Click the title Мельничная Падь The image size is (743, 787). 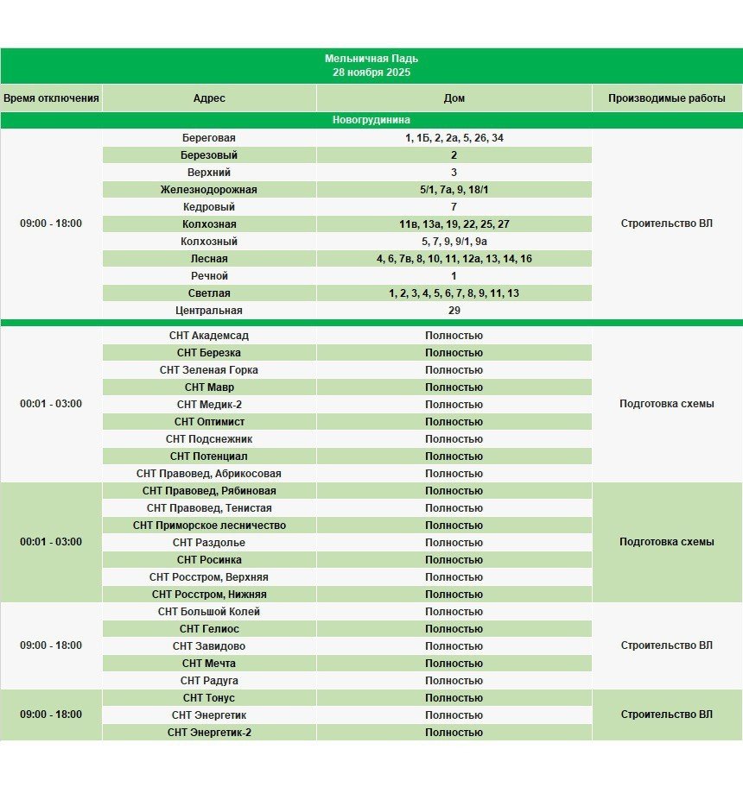371,59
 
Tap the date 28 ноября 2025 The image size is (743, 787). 371,72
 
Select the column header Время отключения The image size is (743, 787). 51,98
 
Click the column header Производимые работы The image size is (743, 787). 666,98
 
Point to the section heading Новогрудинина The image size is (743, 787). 371,120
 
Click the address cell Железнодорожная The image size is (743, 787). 208,190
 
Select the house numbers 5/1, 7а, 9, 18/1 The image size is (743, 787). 454,190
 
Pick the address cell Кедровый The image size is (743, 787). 208,207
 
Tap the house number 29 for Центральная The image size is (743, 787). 454,311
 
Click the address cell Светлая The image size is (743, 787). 208,293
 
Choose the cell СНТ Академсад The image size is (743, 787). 208,336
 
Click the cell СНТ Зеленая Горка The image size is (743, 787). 208,370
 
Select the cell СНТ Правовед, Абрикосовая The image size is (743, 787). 208,474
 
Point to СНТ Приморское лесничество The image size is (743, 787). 208,526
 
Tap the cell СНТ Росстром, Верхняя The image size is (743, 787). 208,577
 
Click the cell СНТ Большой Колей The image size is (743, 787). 208,612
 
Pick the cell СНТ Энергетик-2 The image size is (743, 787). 208,733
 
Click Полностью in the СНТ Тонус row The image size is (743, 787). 454,698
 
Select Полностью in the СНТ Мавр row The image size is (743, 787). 454,387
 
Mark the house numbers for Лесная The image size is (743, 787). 454,259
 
